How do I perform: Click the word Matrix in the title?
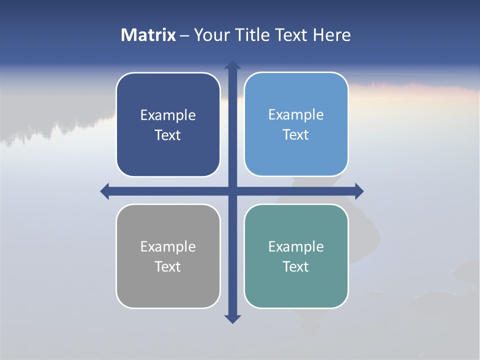(148, 35)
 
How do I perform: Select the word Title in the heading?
(251, 35)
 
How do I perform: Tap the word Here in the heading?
(331, 35)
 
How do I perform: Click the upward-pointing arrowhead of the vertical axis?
(232, 65)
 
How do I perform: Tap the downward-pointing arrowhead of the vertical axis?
(232, 318)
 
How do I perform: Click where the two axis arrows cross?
(232, 191)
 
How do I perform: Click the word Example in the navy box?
(168, 115)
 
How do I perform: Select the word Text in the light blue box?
(296, 135)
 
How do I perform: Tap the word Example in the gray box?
(168, 247)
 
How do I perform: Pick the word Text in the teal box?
(296, 267)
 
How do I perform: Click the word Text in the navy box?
(168, 135)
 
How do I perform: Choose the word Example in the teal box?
(296, 247)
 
